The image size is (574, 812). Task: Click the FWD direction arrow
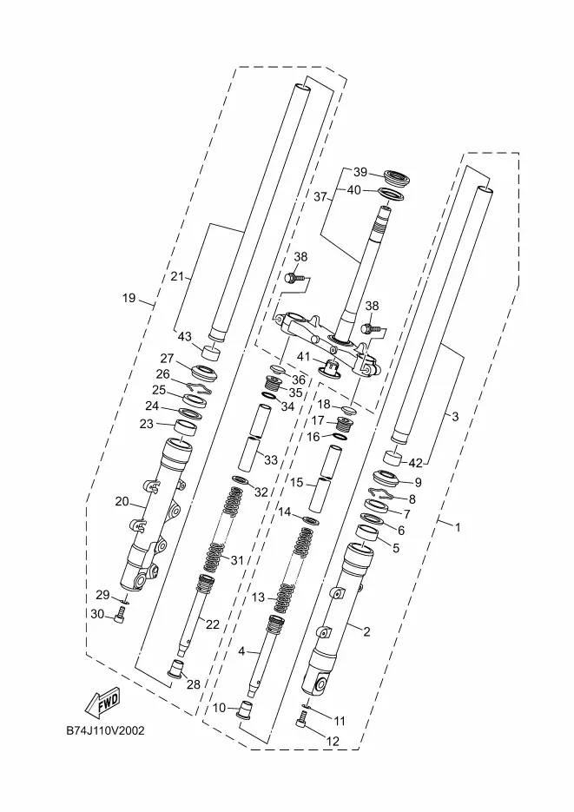coord(102,703)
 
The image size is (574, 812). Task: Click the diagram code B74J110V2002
coord(106,730)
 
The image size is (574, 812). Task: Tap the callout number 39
coord(360,172)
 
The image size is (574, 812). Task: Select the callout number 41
coord(303,356)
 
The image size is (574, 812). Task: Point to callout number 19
coord(129,298)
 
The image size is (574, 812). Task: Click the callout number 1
coord(458,527)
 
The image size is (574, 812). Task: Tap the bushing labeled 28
coord(177,669)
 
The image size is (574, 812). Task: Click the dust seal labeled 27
coord(204,373)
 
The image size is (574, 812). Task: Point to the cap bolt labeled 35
coord(274,384)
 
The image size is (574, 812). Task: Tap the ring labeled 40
coord(392,196)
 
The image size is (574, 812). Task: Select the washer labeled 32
coord(241,479)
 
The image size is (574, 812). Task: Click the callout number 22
coord(213,624)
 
